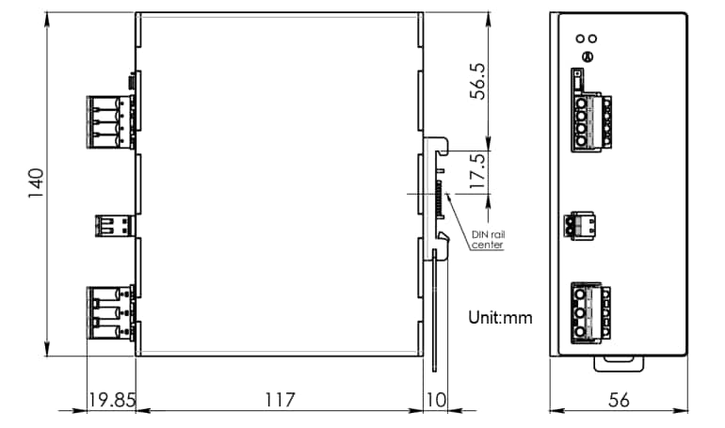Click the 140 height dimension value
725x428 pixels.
click(36, 184)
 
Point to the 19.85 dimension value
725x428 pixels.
click(111, 400)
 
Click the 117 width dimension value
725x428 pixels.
click(280, 400)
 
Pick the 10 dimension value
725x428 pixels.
click(436, 400)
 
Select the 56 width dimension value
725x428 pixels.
click(619, 400)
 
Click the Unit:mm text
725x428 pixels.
click(501, 318)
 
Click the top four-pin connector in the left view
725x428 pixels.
click(110, 120)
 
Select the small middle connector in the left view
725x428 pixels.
click(114, 226)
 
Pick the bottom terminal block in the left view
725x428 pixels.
click(110, 310)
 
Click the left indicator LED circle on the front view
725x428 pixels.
click(580, 40)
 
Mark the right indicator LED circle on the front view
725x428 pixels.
click(592, 40)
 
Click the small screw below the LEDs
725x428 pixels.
click(587, 57)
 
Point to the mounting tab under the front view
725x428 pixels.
click(619, 358)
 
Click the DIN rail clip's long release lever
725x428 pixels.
click(437, 310)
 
